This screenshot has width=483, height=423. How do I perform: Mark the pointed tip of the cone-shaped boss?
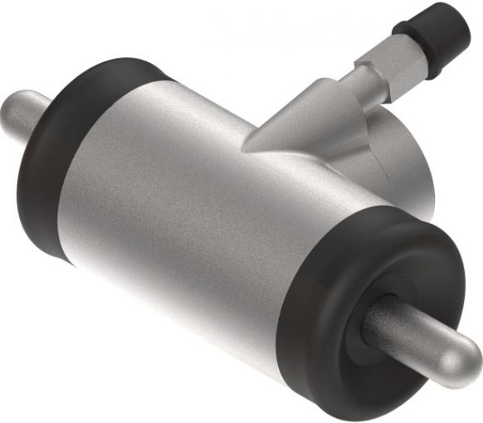pos(247,147)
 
